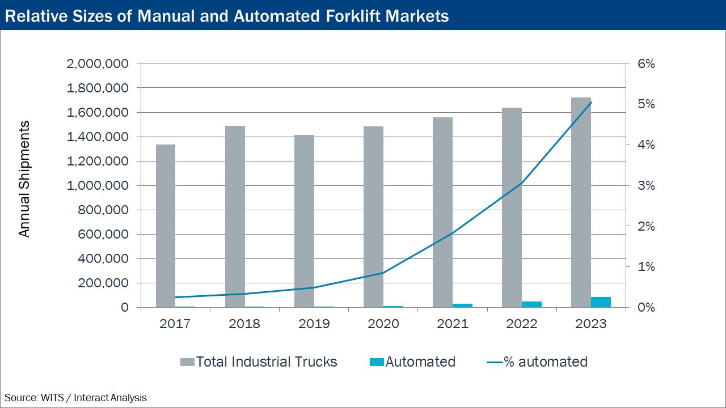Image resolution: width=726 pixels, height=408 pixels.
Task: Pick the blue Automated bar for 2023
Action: pyautogui.click(x=601, y=302)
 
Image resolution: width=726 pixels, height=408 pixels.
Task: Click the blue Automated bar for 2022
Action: pyautogui.click(x=531, y=304)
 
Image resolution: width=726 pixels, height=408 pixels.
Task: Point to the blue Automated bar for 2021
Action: pyautogui.click(x=462, y=305)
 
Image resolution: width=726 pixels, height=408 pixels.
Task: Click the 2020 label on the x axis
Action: pyautogui.click(x=383, y=324)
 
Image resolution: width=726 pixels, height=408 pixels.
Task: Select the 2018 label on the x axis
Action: pyautogui.click(x=244, y=324)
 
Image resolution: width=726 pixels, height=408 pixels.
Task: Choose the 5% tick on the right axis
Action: pyautogui.click(x=646, y=105)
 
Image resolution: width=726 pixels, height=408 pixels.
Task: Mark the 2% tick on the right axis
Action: pyautogui.click(x=646, y=227)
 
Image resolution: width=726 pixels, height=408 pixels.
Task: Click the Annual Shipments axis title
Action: pyautogui.click(x=24, y=179)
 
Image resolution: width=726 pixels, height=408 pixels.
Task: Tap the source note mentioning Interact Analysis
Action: pyautogui.click(x=75, y=398)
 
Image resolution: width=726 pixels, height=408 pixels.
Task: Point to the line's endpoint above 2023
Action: pyautogui.click(x=591, y=103)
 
